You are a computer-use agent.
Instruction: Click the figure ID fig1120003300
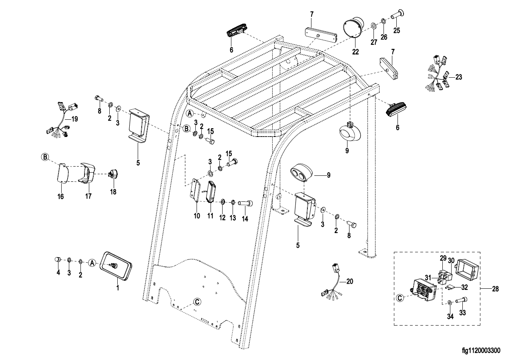pos(481,351)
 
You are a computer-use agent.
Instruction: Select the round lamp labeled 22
pos(352,28)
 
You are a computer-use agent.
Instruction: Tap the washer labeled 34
pos(450,302)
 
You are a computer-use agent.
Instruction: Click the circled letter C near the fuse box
pos(400,298)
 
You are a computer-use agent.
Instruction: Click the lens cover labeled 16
pos(61,173)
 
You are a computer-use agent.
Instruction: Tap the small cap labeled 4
pos(58,260)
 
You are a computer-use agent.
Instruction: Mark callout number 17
pos(88,196)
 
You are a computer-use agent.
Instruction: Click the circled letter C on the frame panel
pos(197,302)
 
